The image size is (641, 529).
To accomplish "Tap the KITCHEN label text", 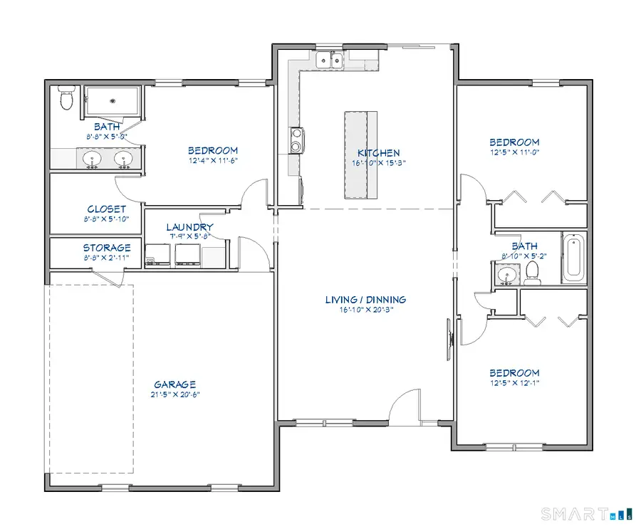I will coord(378,153).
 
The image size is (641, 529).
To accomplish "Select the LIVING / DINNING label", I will coord(365,300).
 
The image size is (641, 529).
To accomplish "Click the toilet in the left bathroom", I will coord(67,99).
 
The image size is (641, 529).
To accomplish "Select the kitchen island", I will coord(360,155).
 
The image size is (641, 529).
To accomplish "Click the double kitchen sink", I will coord(329,61).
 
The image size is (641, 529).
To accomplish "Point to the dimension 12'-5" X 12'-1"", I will coord(514,383).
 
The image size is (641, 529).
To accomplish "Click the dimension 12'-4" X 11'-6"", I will coord(212,161).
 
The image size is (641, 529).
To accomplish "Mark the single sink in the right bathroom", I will coord(508,274).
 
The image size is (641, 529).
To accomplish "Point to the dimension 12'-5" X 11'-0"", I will coord(514,152).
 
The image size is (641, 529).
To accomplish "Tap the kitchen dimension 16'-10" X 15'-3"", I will coord(378,163).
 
